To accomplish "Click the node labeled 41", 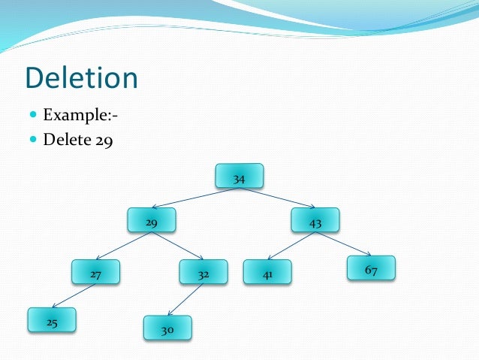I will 267,272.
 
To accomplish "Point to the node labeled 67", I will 371,268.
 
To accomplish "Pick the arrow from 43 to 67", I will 342,244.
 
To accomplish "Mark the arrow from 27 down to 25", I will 74,296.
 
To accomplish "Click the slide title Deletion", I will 81,79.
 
